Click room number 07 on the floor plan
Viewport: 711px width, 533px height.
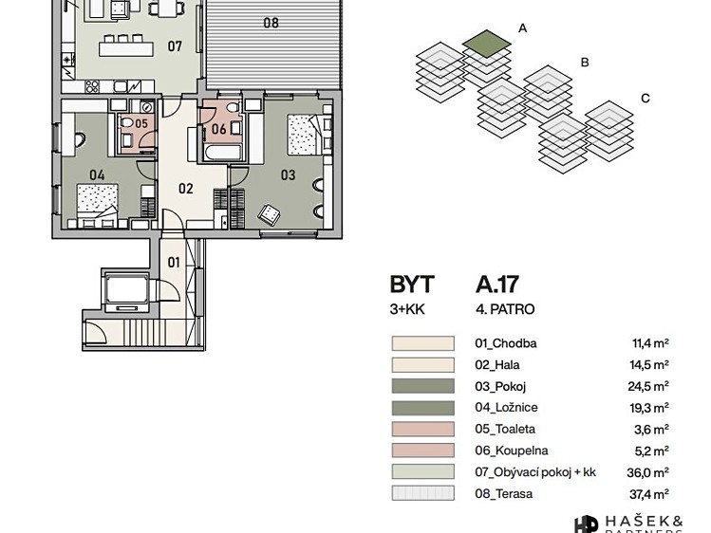pyautogui.click(x=175, y=46)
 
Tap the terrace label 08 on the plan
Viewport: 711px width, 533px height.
pyautogui.click(x=271, y=23)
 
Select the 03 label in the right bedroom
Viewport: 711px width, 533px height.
pyautogui.click(x=288, y=175)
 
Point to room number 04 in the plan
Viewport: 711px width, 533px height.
pyautogui.click(x=97, y=175)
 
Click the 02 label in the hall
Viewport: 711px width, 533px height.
pyautogui.click(x=185, y=189)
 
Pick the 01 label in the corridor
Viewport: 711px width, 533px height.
pyautogui.click(x=174, y=262)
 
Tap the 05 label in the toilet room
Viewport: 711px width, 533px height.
pyautogui.click(x=141, y=123)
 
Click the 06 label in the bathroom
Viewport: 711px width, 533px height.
pyautogui.click(x=219, y=129)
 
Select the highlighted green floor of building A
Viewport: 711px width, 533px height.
pyautogui.click(x=487, y=44)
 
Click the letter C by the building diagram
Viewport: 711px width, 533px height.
pyautogui.click(x=646, y=99)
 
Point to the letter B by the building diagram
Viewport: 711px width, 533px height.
pyautogui.click(x=585, y=63)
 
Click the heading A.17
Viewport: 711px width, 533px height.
pyautogui.click(x=497, y=285)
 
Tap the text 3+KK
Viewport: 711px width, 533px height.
pyautogui.click(x=407, y=309)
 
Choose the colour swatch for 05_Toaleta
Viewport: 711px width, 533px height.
pyautogui.click(x=422, y=430)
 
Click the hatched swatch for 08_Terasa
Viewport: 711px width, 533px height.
pyautogui.click(x=422, y=493)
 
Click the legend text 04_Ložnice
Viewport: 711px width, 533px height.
pyautogui.click(x=506, y=408)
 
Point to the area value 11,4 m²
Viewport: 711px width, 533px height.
pyautogui.click(x=650, y=343)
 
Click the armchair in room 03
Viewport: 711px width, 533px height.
pyautogui.click(x=269, y=213)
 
